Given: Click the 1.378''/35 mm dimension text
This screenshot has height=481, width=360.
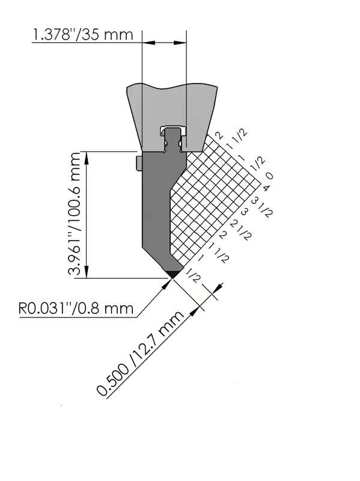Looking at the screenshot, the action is tap(82, 35).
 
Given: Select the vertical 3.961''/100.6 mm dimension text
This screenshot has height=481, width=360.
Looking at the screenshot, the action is tap(74, 214).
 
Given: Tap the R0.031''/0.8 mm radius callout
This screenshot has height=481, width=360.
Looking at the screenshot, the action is tap(76, 308).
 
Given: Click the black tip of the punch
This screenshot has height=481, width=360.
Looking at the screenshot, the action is tap(173, 274).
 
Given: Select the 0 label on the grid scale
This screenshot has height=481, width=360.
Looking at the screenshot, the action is tap(269, 176).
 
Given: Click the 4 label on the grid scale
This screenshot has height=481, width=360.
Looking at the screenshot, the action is tap(266, 188).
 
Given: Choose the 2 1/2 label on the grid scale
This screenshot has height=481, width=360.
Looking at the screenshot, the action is tap(241, 230).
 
